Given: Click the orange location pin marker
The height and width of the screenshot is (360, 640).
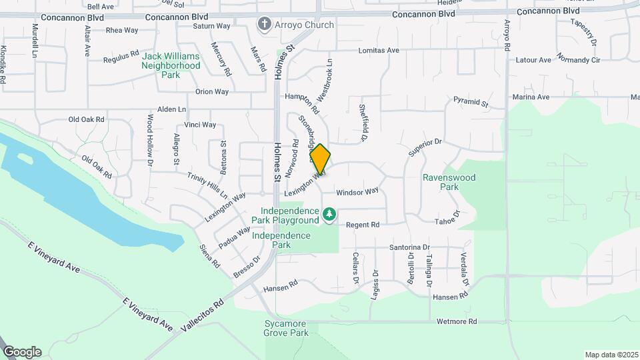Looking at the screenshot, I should [320, 159].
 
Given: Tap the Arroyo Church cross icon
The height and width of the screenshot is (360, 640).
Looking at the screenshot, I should [265, 25].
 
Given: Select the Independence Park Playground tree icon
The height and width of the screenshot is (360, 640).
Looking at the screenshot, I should [329, 214].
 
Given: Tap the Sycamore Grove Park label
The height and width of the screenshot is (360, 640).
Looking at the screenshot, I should [285, 327].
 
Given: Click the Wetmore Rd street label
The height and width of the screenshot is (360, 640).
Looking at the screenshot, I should [457, 321].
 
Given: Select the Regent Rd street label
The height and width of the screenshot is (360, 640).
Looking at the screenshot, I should [363, 225].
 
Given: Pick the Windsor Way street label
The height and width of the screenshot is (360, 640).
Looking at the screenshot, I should [357, 191].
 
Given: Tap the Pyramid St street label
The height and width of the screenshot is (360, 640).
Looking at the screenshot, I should [471, 103].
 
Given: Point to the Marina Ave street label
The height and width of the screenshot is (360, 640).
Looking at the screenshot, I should [531, 97].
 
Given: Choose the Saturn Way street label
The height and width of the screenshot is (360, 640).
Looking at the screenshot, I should [211, 26].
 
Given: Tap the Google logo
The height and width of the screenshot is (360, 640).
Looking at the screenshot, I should [22, 351].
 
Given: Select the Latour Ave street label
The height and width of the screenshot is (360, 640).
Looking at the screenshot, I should [535, 60].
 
